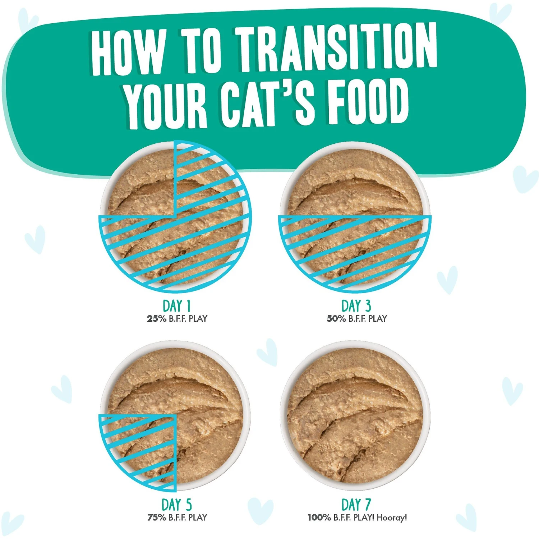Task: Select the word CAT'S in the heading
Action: click(268, 102)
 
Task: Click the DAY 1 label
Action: click(176, 306)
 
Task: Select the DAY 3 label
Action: click(356, 306)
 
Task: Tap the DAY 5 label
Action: click(176, 505)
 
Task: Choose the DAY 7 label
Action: click(356, 505)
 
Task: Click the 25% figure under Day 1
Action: click(157, 318)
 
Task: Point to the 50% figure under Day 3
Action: click(336, 318)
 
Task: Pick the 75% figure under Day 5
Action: click(157, 517)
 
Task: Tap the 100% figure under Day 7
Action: click(319, 517)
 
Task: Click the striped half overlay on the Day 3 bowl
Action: click(355, 248)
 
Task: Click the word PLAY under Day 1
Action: click(198, 318)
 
